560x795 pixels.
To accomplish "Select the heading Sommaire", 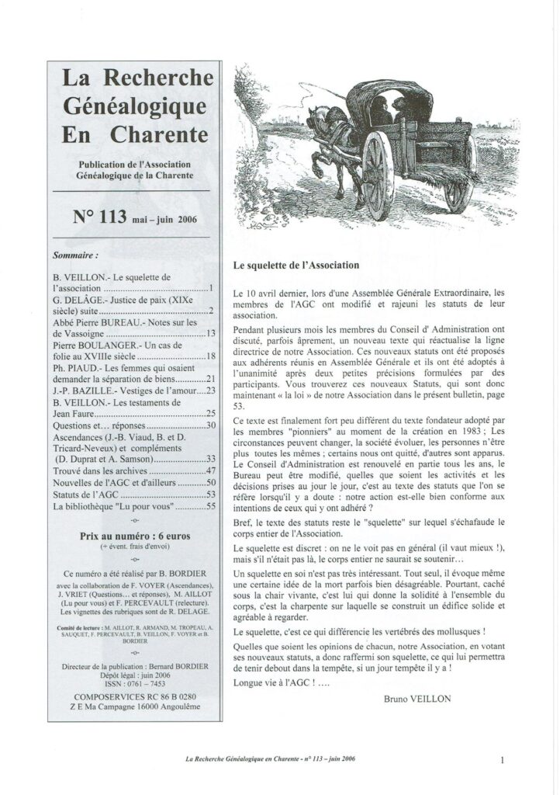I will click(75, 254).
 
